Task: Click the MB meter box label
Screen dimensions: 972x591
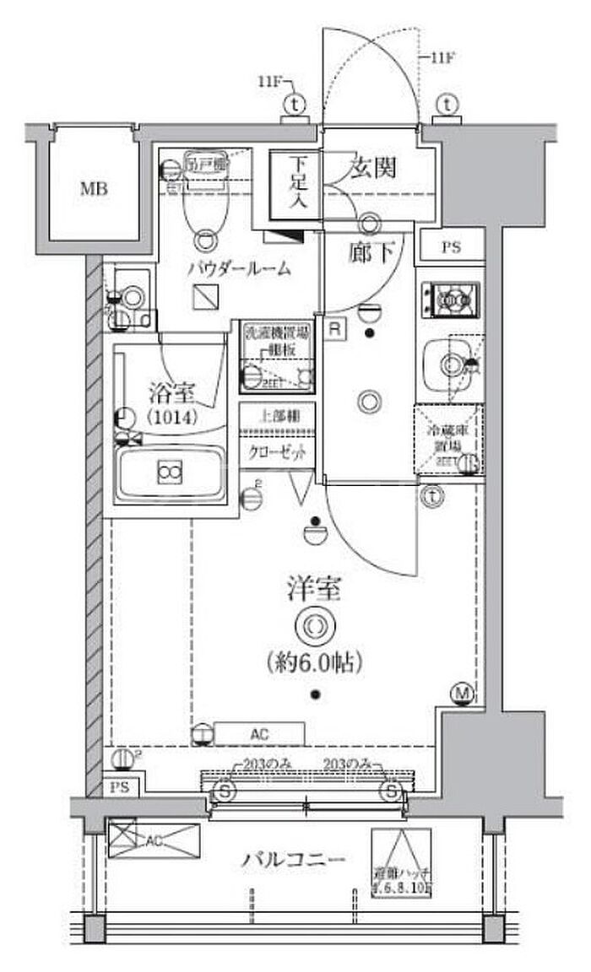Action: point(94,189)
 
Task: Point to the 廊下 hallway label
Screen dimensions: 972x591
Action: point(368,251)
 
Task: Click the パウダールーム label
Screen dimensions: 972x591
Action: point(240,270)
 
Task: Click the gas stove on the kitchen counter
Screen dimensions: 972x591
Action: point(452,298)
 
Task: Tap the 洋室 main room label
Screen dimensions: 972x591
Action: point(313,589)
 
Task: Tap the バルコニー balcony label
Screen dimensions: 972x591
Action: point(293,861)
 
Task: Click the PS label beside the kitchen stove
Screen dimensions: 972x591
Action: point(451,248)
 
